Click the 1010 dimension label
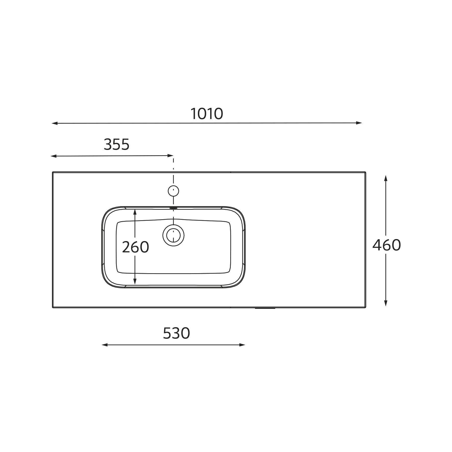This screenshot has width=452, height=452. (207, 114)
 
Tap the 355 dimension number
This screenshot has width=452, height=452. (117, 145)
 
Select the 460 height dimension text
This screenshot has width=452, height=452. (386, 245)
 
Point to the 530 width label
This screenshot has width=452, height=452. (176, 333)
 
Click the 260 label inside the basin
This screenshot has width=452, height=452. (135, 247)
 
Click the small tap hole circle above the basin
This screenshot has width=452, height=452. (173, 191)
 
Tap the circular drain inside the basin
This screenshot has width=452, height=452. (173, 235)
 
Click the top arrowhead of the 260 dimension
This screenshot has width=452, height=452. (135, 212)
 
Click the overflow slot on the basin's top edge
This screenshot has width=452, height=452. (174, 208)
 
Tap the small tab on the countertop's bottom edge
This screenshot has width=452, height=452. (265, 308)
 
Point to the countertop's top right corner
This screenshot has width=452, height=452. (365, 173)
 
